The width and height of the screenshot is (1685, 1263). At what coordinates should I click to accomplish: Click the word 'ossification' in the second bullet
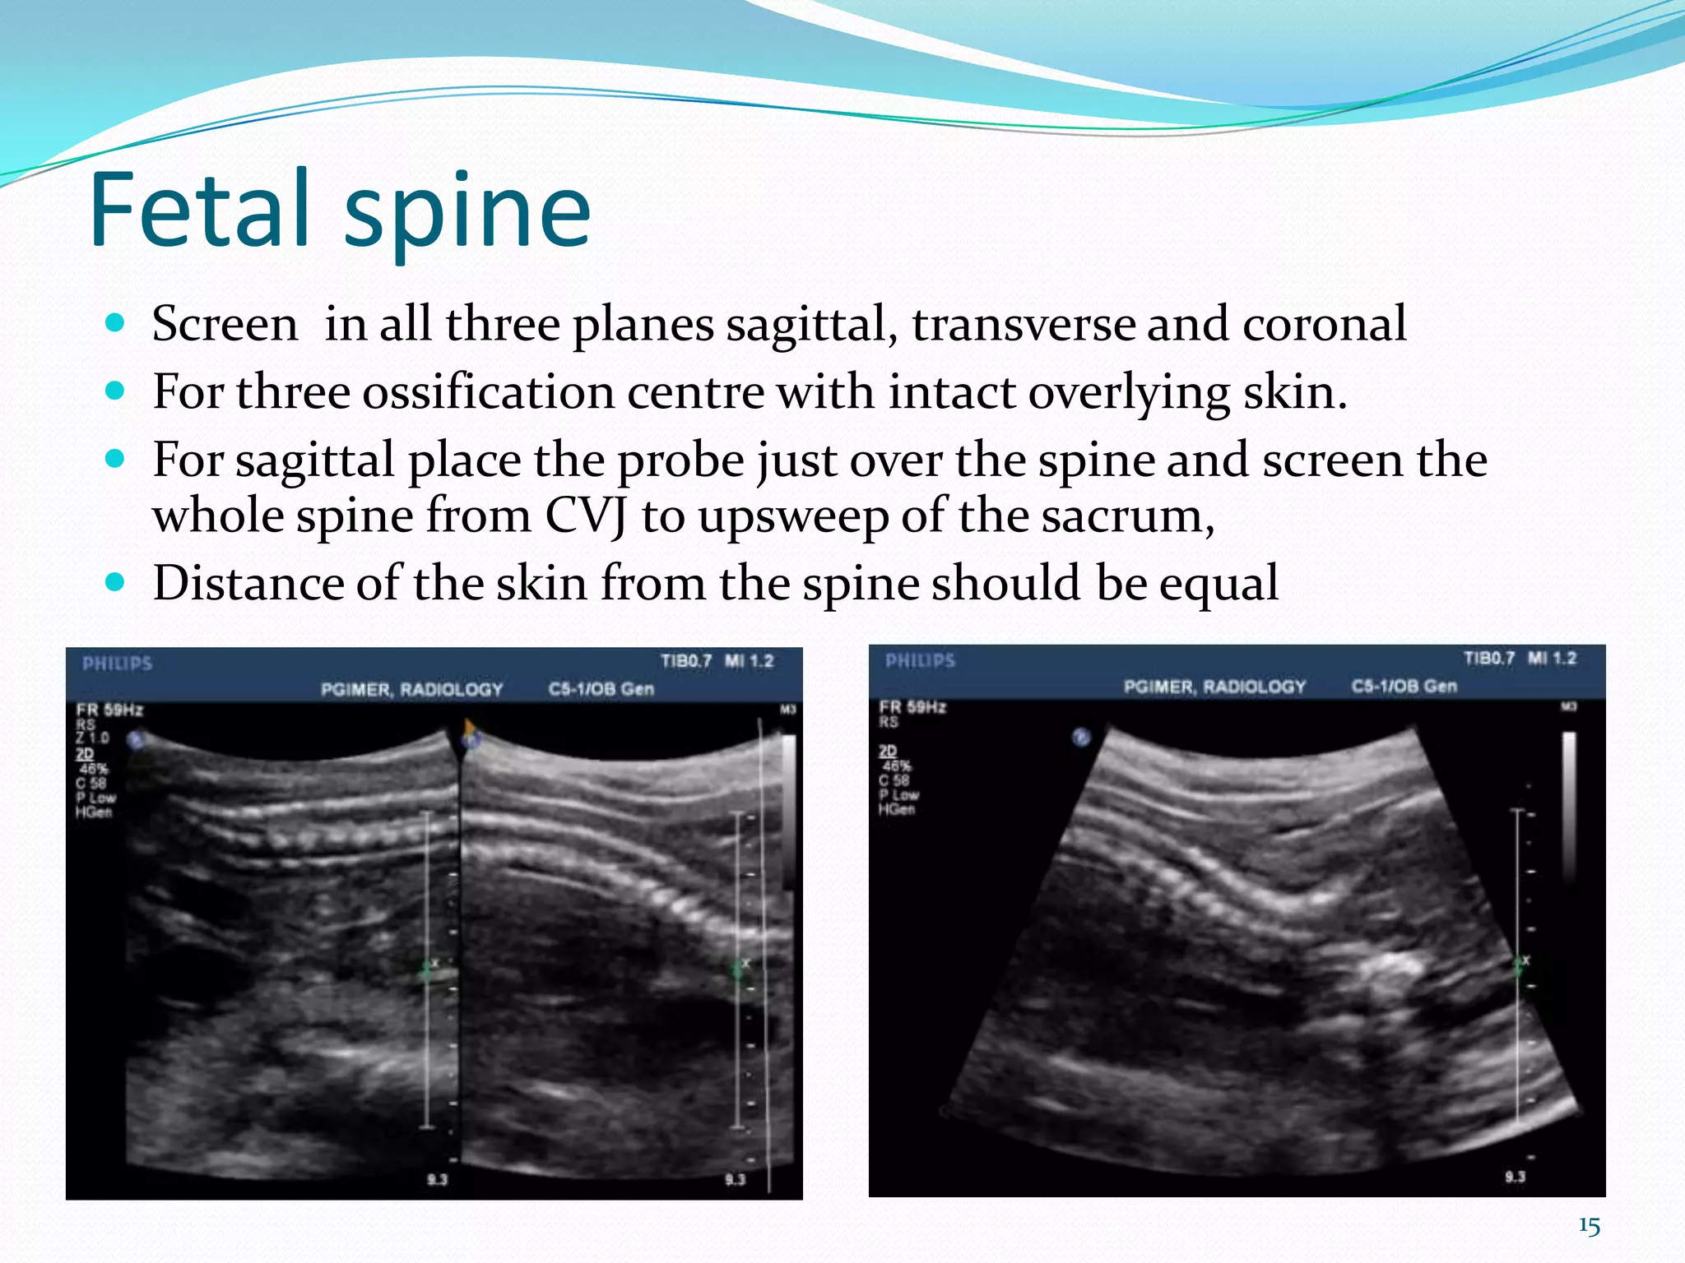pos(489,391)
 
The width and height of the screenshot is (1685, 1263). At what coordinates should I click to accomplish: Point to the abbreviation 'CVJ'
pos(586,516)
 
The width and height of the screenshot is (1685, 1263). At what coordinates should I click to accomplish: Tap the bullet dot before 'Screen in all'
pos(115,322)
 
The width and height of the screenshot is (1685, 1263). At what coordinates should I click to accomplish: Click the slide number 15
pos(1589,1227)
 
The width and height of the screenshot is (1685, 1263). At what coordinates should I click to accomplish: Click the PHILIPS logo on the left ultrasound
pos(117,664)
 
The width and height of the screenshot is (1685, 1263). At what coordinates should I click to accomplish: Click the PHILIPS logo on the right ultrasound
pos(920,660)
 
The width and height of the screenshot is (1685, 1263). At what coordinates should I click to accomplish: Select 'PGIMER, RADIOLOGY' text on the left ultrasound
pos(411,690)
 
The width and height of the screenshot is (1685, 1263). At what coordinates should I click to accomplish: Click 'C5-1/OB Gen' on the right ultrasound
pos(1404,687)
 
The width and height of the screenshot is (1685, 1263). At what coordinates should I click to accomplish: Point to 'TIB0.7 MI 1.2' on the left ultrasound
pos(717,661)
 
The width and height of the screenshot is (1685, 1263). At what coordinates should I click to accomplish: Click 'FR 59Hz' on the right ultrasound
pos(912,707)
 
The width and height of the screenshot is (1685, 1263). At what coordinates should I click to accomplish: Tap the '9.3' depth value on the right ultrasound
pos(1515,1177)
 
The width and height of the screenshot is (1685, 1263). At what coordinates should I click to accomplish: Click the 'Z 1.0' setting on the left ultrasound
pos(91,738)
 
